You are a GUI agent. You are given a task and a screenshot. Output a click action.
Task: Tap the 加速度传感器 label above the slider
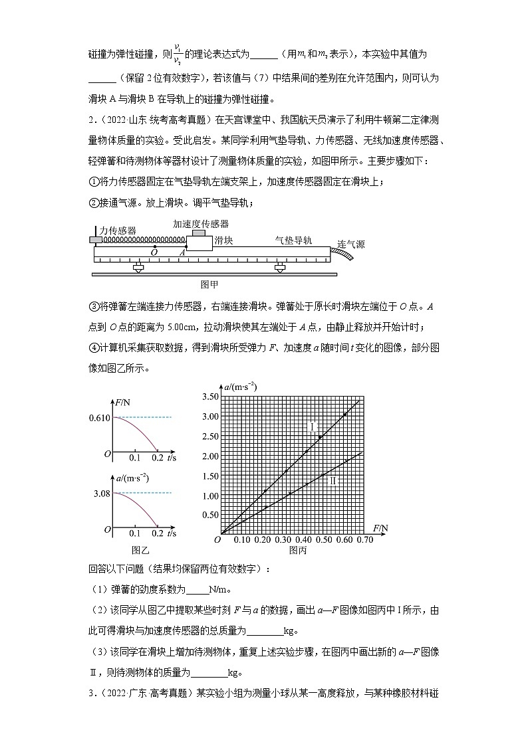coord(201,224)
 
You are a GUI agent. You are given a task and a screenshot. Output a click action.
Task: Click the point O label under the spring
coord(154,252)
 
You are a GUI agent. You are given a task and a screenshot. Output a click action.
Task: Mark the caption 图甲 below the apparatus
coord(209,284)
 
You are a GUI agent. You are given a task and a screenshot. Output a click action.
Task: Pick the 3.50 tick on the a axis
coord(210,397)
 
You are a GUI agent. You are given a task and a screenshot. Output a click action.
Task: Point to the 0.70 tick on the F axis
coord(364,540)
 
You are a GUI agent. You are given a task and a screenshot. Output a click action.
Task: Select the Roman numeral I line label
coord(312,426)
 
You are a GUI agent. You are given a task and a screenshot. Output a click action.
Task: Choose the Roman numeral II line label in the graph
coord(334,480)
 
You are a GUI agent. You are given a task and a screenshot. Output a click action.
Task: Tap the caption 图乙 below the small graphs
coord(141,550)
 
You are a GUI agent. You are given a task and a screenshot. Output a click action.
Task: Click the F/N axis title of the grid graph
coord(380,528)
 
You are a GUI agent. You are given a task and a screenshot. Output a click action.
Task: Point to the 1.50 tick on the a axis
coord(210,476)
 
